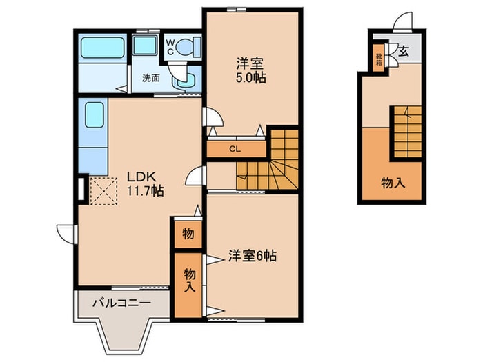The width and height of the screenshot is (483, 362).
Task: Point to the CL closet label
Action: click(x=235, y=149)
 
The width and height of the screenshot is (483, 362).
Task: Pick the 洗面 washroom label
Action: click(x=151, y=78)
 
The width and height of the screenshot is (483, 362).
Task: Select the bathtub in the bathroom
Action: click(x=102, y=48)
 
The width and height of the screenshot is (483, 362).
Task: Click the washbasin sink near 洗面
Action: click(x=185, y=81)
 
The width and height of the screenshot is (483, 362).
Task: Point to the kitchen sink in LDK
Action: click(x=95, y=114)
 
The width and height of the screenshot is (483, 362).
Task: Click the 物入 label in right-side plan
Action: click(x=393, y=183)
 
